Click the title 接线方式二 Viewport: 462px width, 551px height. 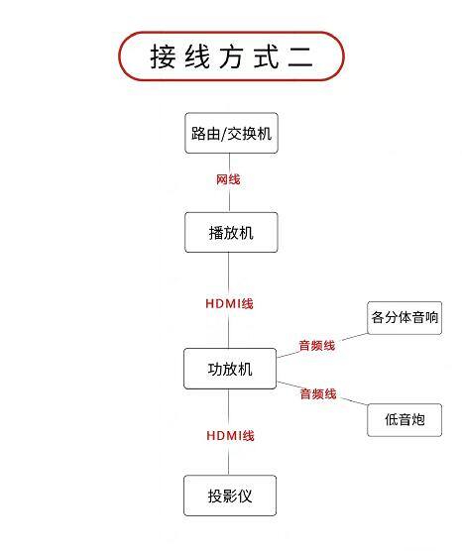pos(232,56)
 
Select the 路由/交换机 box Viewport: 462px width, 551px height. pos(231,133)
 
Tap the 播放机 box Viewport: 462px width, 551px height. pos(231,232)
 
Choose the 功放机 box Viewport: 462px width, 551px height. pos(230,369)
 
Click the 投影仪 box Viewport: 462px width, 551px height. pos(230,496)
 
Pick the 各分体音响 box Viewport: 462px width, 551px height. pos(404,318)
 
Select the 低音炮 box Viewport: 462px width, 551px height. pos(404,420)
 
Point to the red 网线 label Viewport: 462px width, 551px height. pos(228,179)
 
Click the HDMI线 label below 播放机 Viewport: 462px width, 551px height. pos(229,303)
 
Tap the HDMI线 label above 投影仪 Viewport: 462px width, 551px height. pos(230,436)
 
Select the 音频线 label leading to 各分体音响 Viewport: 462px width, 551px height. pos(317,346)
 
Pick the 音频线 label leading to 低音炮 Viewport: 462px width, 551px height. pos(318,393)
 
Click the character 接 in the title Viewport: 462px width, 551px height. pos(163,56)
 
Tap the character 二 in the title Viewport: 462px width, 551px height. pos(300,56)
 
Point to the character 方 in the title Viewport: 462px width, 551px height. pos(232,56)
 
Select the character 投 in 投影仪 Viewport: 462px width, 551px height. pos(215,496)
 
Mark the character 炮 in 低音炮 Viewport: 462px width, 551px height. pos(418,419)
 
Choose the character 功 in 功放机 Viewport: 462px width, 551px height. pos(215,369)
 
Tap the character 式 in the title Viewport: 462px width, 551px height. pos(266,56)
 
